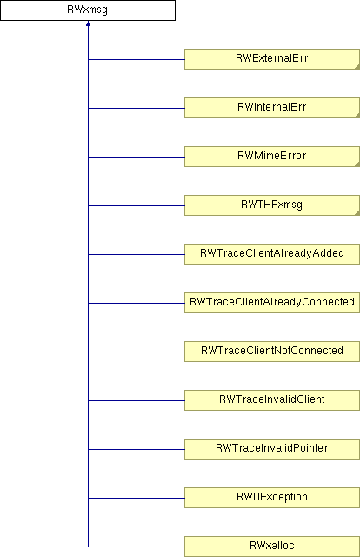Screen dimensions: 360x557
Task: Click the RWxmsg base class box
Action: click(x=88, y=10)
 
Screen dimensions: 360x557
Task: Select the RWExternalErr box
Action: click(x=272, y=59)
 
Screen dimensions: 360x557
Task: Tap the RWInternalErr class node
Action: click(x=272, y=108)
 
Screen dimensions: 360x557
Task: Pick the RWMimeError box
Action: click(x=272, y=157)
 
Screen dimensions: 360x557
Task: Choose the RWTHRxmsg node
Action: click(x=272, y=205)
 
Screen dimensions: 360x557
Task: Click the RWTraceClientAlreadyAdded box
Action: click(x=272, y=254)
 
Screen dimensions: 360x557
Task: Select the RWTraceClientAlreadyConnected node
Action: click(x=272, y=303)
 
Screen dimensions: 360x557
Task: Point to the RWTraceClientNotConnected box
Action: click(x=272, y=352)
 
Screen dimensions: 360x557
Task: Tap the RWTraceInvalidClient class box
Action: click(x=272, y=400)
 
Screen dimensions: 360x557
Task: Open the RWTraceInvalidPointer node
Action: click(x=272, y=449)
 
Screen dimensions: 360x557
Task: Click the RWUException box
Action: click(x=272, y=497)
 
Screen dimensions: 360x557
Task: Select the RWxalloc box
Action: click(x=272, y=546)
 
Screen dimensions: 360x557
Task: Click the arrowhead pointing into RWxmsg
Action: click(x=88, y=23)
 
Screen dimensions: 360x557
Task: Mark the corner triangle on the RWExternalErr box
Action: click(x=357, y=67)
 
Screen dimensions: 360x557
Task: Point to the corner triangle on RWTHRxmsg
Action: click(x=357, y=212)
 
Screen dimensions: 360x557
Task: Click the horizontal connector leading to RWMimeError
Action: click(x=137, y=157)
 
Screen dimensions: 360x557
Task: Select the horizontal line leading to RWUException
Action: click(x=137, y=498)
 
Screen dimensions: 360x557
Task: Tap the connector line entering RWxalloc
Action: click(x=137, y=547)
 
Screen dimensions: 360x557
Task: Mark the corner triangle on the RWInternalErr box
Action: click(x=357, y=116)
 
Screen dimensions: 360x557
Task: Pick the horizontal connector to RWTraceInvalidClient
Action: click(x=137, y=400)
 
